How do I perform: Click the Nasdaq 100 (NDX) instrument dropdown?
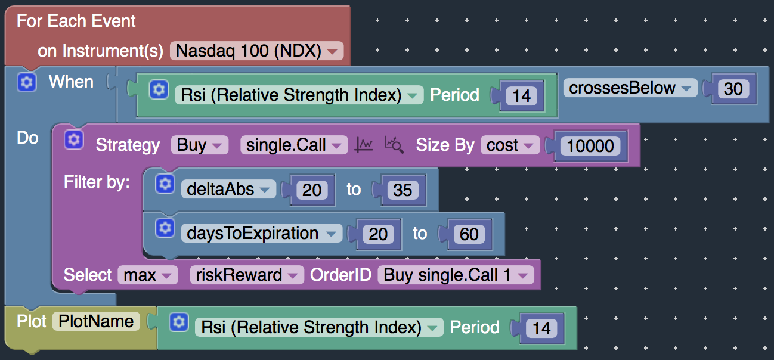(x=256, y=51)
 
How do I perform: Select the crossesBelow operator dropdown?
(x=630, y=88)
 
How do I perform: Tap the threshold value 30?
(x=733, y=89)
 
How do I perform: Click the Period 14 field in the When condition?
(x=521, y=96)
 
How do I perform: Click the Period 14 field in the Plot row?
(x=541, y=328)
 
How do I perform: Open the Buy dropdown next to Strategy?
(x=199, y=145)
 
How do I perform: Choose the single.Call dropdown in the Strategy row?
(x=294, y=145)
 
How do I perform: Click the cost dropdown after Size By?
(x=510, y=145)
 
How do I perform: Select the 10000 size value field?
(x=590, y=146)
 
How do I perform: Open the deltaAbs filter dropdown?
(x=228, y=189)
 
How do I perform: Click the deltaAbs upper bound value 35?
(x=403, y=190)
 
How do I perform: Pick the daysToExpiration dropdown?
(x=261, y=233)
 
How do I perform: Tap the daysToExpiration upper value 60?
(x=469, y=234)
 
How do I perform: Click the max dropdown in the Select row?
(x=147, y=275)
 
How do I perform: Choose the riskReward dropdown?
(x=247, y=275)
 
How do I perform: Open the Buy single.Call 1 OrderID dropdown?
(x=456, y=275)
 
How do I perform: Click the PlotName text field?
(x=96, y=321)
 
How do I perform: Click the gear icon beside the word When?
(x=27, y=83)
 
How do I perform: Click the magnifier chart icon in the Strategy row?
(x=394, y=145)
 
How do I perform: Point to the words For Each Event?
(x=76, y=21)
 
